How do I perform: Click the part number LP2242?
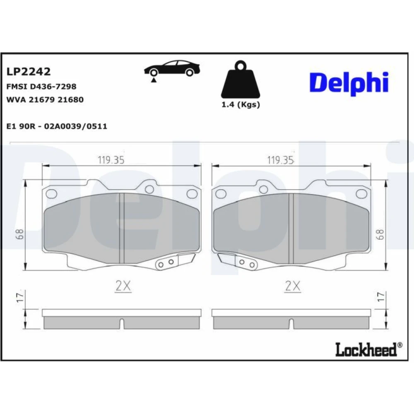pyautogui.click(x=28, y=72)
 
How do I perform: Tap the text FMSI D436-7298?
pyautogui.click(x=41, y=87)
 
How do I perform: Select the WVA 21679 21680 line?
pyautogui.click(x=45, y=99)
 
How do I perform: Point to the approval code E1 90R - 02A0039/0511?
pyautogui.click(x=57, y=126)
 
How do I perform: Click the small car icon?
pyautogui.click(x=172, y=69)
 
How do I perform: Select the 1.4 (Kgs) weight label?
pyautogui.click(x=241, y=105)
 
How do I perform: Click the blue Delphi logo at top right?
pyautogui.click(x=349, y=83)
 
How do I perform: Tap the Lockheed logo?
pyautogui.click(x=369, y=349)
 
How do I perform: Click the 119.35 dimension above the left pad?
pyautogui.click(x=111, y=160)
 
